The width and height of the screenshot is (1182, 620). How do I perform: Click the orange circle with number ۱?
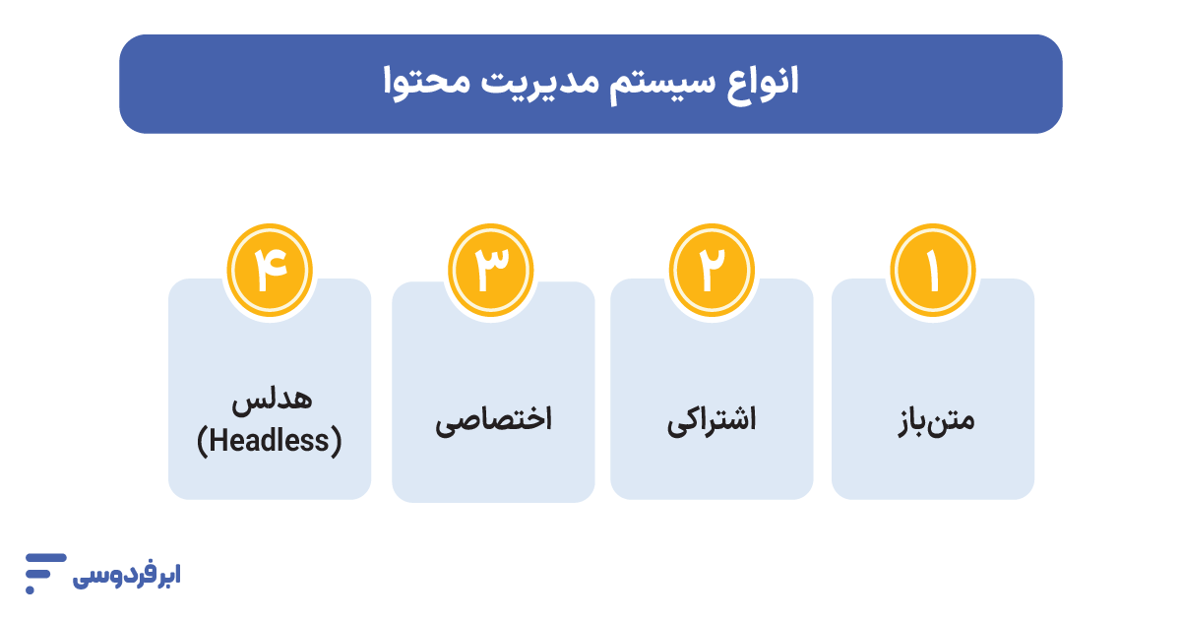coord(932,272)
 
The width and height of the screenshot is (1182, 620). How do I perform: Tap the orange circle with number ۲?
coord(712,272)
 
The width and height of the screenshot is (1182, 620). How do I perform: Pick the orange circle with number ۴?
coord(270,272)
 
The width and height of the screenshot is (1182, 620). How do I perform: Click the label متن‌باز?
coord(932,420)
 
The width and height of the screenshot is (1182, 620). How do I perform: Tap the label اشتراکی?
coord(712,421)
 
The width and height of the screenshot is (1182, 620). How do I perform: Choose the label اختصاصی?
coord(493,421)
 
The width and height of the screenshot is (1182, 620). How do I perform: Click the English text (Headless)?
coord(270,442)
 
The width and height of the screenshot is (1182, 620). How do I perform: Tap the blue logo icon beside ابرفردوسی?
coord(43,572)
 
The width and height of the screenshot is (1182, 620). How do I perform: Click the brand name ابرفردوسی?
coord(127,575)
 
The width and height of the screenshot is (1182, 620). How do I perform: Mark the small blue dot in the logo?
coord(31,589)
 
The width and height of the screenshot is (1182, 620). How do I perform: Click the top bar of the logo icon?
coord(45,558)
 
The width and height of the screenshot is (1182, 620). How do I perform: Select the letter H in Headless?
coord(218,442)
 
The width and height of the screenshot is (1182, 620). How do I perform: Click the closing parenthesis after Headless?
coord(337,442)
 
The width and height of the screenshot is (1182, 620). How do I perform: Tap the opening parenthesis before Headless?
coord(203,442)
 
